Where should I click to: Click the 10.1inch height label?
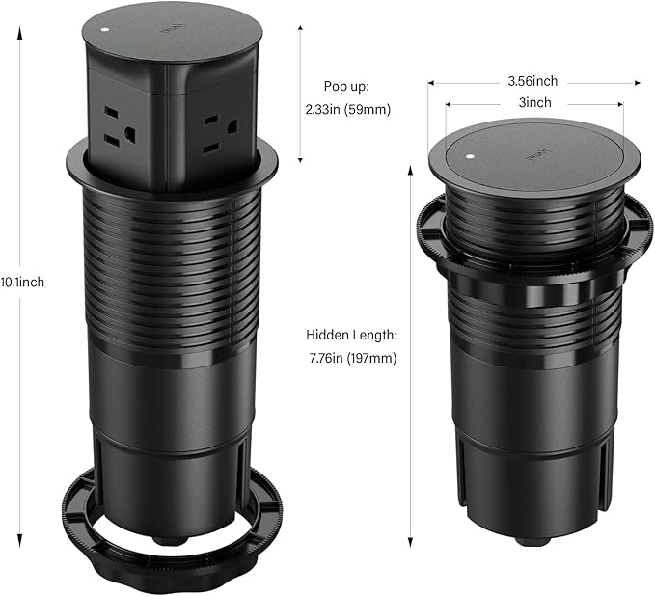click(22, 282)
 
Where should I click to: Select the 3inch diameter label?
click(534, 101)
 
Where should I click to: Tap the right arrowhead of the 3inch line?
click(621, 101)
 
